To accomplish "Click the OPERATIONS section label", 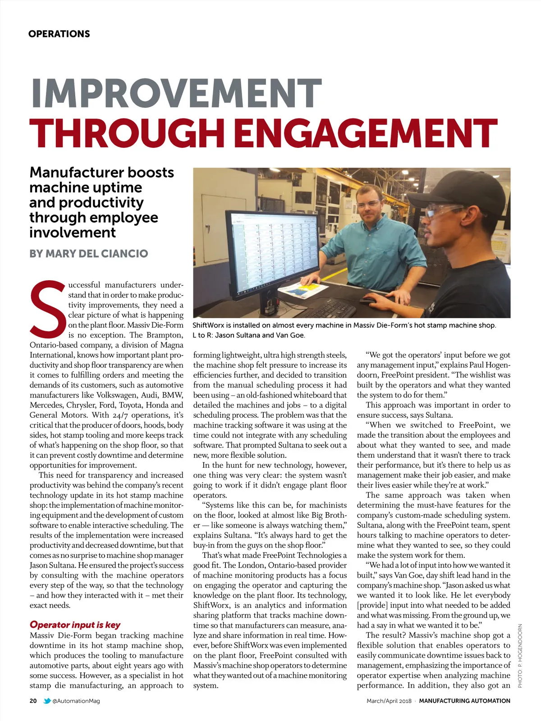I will click(x=59, y=34).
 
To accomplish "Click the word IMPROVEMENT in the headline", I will click(x=176, y=94).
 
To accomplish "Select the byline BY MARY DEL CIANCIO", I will click(x=89, y=254).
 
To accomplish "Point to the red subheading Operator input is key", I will click(x=75, y=625).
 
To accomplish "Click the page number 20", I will click(x=33, y=701).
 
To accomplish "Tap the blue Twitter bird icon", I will click(x=47, y=701).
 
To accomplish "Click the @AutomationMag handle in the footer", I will click(x=76, y=701).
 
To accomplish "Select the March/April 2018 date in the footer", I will click(x=389, y=701).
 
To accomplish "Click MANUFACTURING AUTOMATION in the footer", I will click(x=464, y=701).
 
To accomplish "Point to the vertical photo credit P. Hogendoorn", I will click(x=520, y=656).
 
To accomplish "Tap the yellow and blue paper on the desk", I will click(x=307, y=289).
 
